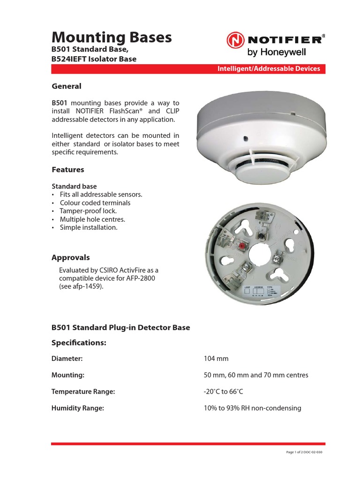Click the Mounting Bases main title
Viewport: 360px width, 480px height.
point(112,37)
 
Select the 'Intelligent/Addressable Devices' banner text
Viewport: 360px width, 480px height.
point(269,68)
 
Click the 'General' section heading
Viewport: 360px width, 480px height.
point(66,86)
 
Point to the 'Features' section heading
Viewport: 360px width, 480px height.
point(67,169)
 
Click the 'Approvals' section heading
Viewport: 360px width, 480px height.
point(70,257)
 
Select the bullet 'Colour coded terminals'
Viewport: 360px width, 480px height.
point(95,203)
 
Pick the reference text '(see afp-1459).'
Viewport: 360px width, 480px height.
point(81,286)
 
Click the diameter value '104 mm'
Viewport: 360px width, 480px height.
point(216,359)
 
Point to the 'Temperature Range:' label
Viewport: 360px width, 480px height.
point(83,391)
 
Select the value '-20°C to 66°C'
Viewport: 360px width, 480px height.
point(224,391)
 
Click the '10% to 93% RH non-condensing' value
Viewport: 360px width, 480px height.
point(252,408)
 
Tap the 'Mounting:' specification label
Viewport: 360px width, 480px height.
point(67,375)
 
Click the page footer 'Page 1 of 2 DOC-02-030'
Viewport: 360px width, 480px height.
point(304,452)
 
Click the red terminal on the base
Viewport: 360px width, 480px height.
point(242,246)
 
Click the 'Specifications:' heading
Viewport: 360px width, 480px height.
point(79,343)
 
